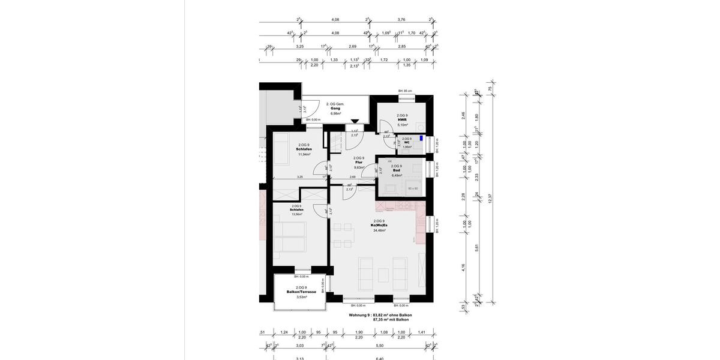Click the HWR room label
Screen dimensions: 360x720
click(402, 120)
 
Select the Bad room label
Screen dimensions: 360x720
click(397, 170)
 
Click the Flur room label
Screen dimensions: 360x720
click(359, 163)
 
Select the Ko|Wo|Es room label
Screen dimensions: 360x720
click(380, 225)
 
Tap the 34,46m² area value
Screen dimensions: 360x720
click(380, 230)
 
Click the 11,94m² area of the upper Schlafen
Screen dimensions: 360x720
click(304, 154)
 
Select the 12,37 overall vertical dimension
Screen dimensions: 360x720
click(490, 199)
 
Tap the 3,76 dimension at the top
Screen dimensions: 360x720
click(401, 19)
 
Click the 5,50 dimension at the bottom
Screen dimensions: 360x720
click(379, 346)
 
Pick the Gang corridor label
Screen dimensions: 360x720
click(335, 109)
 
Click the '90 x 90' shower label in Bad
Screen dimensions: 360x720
click(413, 188)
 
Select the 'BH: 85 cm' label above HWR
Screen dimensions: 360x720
click(405, 91)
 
